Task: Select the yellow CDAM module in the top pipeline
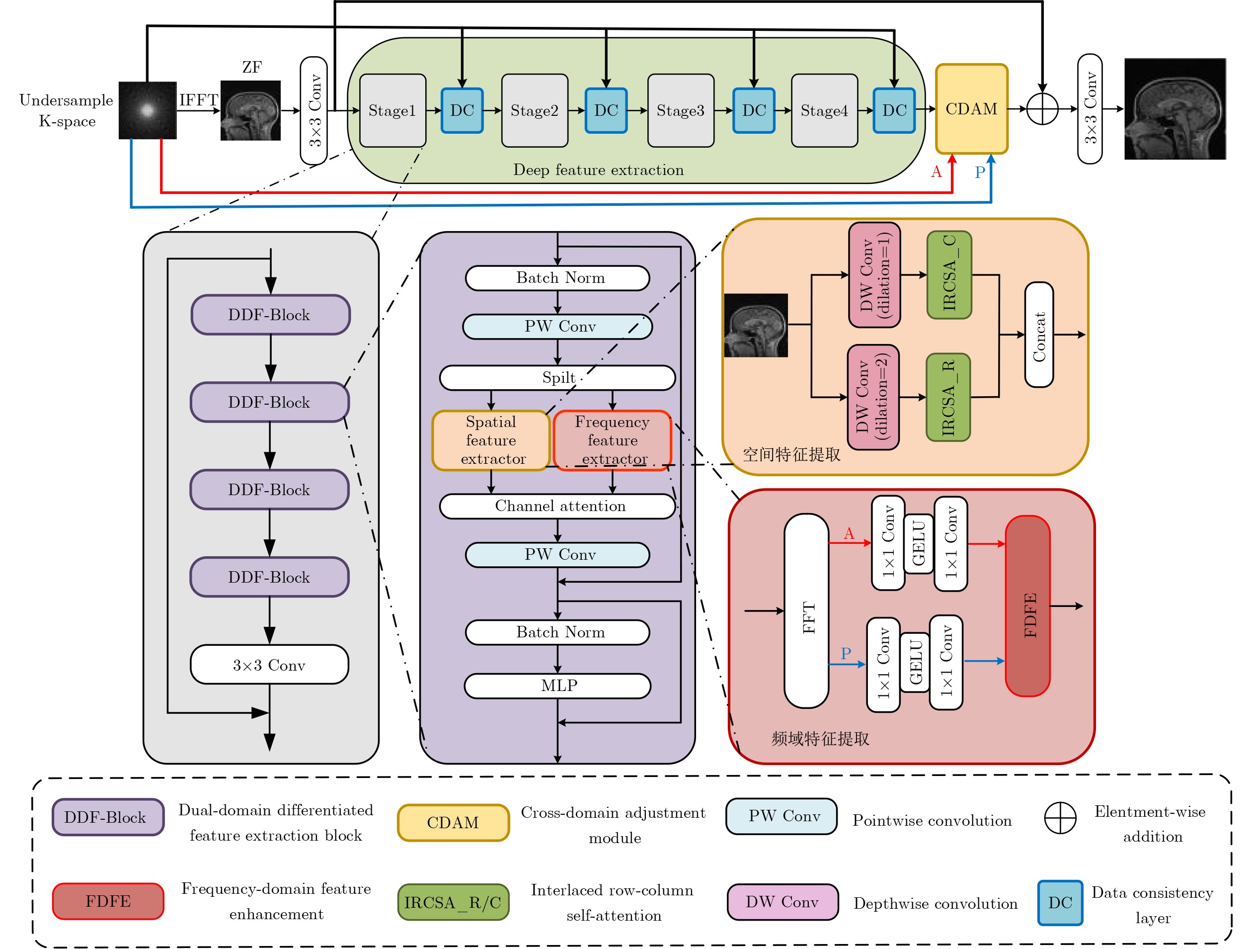click(x=971, y=109)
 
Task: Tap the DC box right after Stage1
click(x=462, y=110)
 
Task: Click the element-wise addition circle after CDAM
click(x=1042, y=109)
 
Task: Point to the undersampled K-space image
click(x=147, y=110)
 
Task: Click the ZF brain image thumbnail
click(x=250, y=110)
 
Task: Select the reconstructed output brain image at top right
click(x=1175, y=109)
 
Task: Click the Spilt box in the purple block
click(x=557, y=378)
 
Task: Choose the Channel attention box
click(x=557, y=506)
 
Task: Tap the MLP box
click(x=557, y=686)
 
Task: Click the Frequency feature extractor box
click(x=613, y=440)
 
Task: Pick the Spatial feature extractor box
click(x=491, y=440)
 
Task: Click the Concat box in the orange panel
click(x=1039, y=335)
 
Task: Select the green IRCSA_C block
click(x=949, y=274)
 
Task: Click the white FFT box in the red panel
click(x=806, y=611)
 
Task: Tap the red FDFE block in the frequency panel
click(x=1028, y=606)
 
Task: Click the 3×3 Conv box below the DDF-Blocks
click(x=269, y=665)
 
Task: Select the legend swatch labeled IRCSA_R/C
click(x=454, y=902)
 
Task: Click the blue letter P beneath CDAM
click(x=980, y=172)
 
